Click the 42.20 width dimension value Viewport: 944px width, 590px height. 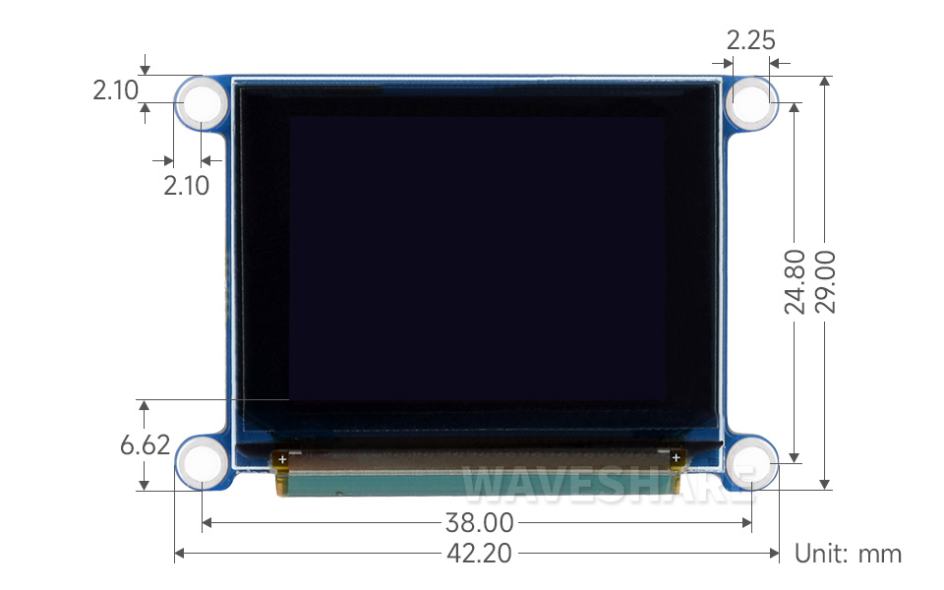pos(480,554)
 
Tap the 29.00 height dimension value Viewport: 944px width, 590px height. pos(825,281)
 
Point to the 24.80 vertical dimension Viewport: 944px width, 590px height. pos(796,281)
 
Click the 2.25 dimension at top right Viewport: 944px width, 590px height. pos(750,40)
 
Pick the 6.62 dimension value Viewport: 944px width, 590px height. pos(145,444)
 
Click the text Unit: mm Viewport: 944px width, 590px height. pos(848,554)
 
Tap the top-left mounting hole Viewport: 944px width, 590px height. pos(202,101)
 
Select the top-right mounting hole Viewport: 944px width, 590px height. pos(752,101)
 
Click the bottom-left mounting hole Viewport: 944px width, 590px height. pos(202,460)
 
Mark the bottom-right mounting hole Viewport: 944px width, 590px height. pos(752,460)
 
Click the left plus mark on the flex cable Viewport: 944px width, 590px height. pos(283,458)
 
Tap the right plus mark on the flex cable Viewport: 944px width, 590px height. pos(676,458)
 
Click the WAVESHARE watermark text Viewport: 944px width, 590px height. pos(610,482)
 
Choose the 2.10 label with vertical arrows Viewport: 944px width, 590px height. pos(116,91)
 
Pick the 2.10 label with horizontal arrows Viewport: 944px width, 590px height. pos(187,185)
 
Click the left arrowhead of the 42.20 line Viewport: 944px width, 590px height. pos(178,554)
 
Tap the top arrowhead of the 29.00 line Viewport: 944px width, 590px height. pos(825,81)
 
